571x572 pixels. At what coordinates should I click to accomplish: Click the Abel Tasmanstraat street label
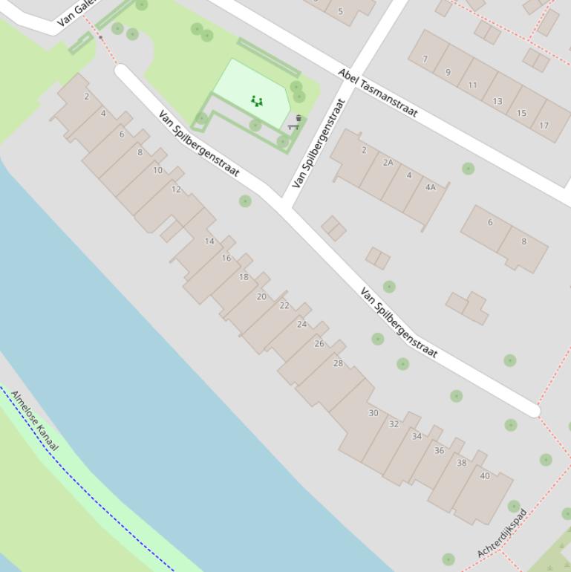[x=378, y=94]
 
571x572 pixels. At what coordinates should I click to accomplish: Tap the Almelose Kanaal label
[x=34, y=420]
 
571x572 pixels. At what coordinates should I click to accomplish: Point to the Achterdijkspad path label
[x=502, y=533]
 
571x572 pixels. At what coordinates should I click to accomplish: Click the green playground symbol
[x=256, y=101]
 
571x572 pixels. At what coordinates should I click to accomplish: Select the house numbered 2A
[x=388, y=163]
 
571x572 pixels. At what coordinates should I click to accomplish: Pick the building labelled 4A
[x=430, y=187]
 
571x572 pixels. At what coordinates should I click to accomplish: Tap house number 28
[x=338, y=363]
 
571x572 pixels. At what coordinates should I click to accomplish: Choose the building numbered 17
[x=544, y=126]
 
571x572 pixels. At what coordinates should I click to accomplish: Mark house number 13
[x=497, y=101]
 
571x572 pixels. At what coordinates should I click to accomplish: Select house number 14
[x=209, y=241]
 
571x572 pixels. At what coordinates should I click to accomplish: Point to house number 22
[x=284, y=305]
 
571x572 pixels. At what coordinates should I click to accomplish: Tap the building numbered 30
[x=373, y=413]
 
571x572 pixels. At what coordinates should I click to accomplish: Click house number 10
[x=157, y=170]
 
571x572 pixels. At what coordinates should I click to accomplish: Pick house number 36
[x=439, y=450]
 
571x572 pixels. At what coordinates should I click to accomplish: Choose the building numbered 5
[x=340, y=11]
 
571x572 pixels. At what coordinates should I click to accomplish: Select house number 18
[x=244, y=277]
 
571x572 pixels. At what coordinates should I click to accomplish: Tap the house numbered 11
[x=472, y=85]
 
